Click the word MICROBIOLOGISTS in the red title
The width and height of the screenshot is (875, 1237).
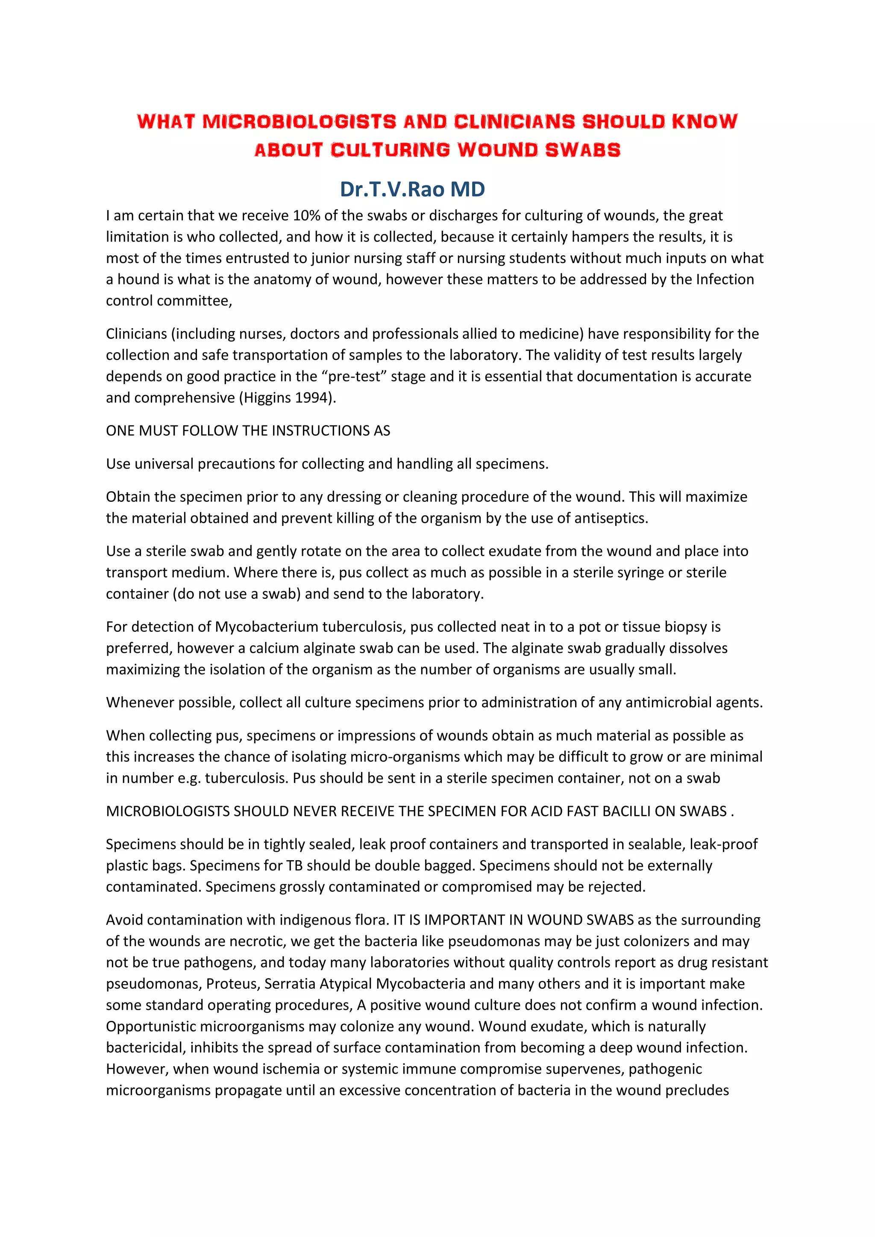[299, 122]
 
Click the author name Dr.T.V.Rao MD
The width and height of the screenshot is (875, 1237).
[412, 189]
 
